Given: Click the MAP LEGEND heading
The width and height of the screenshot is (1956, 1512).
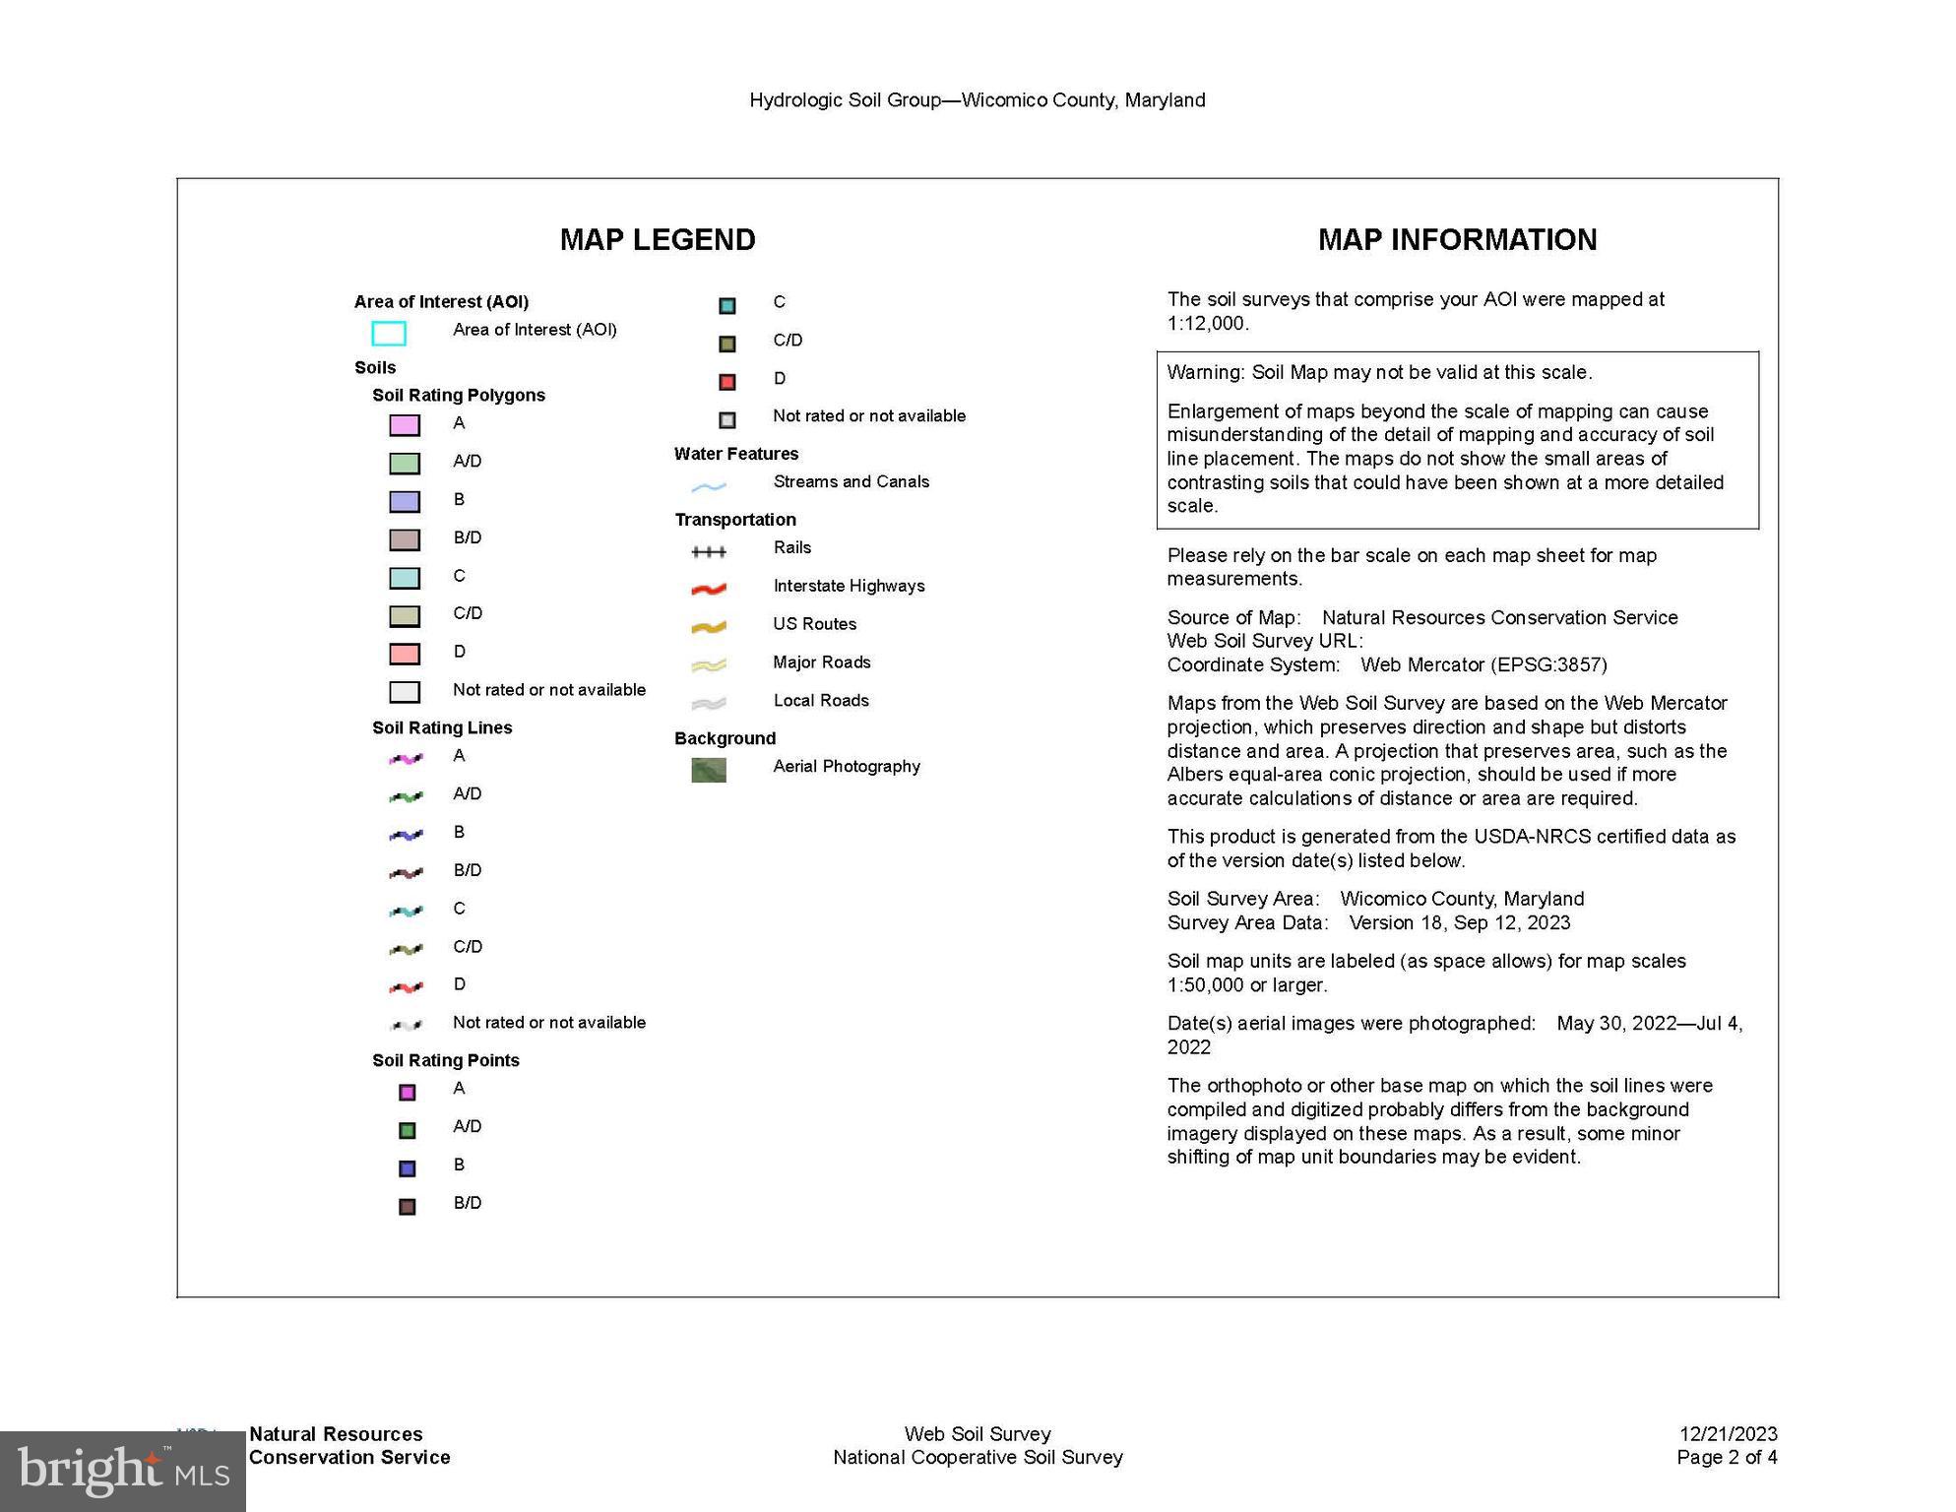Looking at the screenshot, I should click(x=658, y=239).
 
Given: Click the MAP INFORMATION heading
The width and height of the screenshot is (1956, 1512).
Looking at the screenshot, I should click(x=1457, y=239).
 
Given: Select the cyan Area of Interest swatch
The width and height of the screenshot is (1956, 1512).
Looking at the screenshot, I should click(x=388, y=334).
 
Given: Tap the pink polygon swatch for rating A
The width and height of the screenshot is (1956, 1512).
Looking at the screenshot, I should click(x=405, y=425).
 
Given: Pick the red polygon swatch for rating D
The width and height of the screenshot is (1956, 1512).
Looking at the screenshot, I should click(x=405, y=654).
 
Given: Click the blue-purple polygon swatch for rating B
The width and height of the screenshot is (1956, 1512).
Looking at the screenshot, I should click(x=405, y=502).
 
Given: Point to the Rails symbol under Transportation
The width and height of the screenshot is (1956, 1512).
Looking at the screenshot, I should click(x=709, y=551).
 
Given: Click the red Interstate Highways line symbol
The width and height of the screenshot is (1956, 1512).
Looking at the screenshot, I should click(x=709, y=589).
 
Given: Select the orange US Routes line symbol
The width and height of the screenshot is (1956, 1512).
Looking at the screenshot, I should click(x=709, y=627).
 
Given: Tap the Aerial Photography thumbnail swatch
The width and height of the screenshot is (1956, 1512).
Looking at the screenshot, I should click(x=709, y=770).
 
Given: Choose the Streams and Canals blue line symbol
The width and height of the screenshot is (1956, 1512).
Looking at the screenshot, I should click(x=709, y=486).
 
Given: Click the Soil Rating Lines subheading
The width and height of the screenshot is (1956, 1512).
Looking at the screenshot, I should click(x=442, y=727).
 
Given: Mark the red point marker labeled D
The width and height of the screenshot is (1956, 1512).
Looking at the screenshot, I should click(x=727, y=382).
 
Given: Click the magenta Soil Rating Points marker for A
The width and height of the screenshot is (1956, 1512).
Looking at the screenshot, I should click(x=407, y=1092).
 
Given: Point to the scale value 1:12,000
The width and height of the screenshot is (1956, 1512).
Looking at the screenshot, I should click(x=1207, y=324).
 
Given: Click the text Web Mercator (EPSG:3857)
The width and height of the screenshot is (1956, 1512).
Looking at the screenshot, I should click(x=1483, y=664).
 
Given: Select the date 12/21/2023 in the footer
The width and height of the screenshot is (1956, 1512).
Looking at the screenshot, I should click(x=1728, y=1433).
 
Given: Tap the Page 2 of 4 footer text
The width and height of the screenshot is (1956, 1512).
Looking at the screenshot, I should click(x=1727, y=1457).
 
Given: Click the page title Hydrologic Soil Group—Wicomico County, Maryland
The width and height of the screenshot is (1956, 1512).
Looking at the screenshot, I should click(x=977, y=100).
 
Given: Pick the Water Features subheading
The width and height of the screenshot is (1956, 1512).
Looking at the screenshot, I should click(x=736, y=454).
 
